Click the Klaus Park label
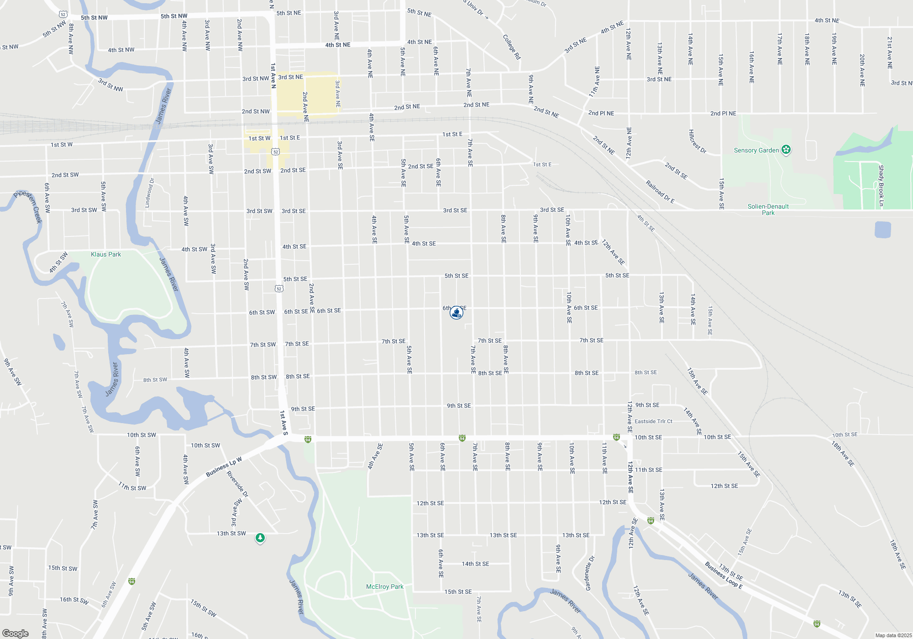[x=106, y=254]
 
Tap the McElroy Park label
[x=384, y=587]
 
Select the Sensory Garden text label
[x=756, y=150]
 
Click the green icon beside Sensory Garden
[x=786, y=150]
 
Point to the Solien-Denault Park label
[x=768, y=210]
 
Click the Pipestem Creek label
[x=28, y=206]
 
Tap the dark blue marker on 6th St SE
[x=456, y=313]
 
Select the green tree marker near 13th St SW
[x=260, y=538]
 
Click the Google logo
[x=16, y=633]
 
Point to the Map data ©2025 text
[x=893, y=635]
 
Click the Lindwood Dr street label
[x=149, y=193]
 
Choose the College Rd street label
[x=512, y=47]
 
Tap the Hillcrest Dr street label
[x=697, y=141]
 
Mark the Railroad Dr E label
[x=660, y=192]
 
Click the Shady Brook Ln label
[x=881, y=185]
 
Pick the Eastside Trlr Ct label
[x=653, y=421]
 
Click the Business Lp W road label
[x=224, y=466]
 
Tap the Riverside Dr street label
[x=237, y=484]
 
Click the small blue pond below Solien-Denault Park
[x=882, y=229]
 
